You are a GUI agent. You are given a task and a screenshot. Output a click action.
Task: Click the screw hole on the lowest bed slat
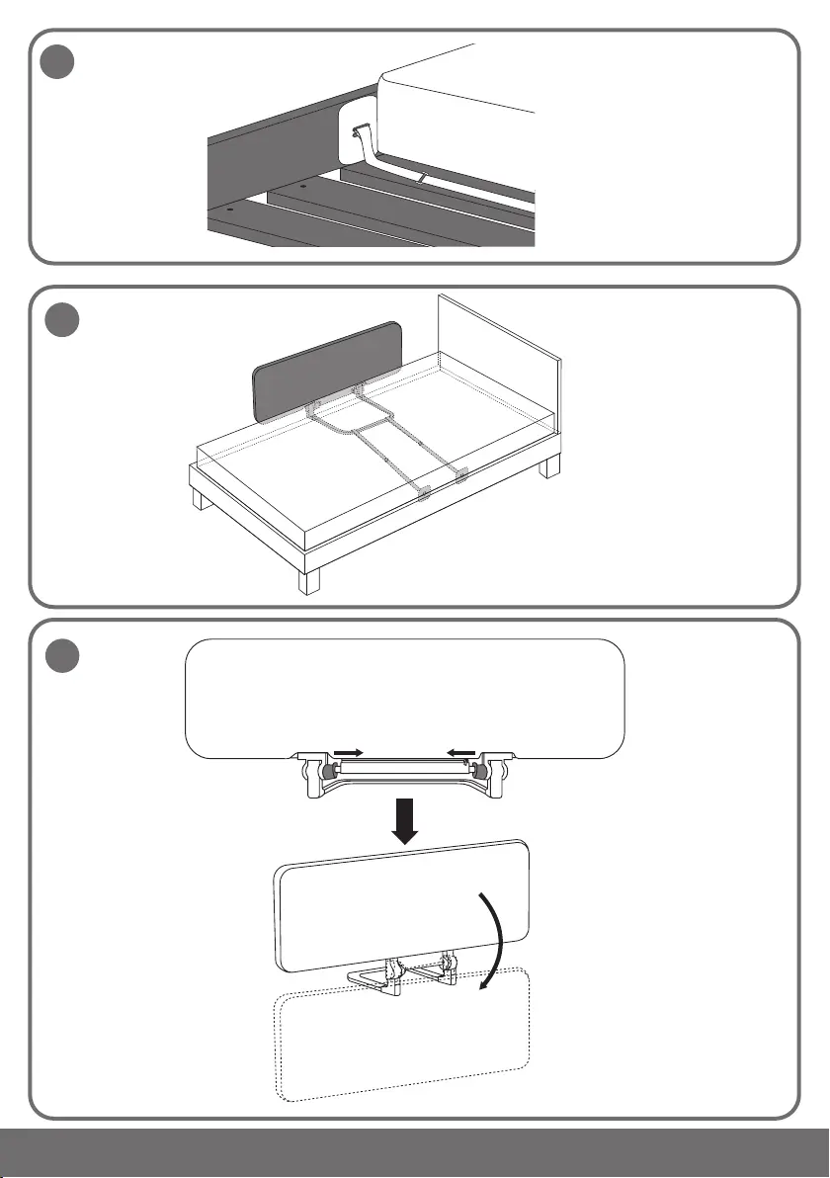click(x=229, y=210)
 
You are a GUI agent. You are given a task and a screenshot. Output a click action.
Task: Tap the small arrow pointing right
click(x=348, y=752)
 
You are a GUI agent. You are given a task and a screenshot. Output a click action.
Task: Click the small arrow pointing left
click(x=456, y=752)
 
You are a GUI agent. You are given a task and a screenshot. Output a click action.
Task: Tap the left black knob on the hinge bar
click(x=326, y=771)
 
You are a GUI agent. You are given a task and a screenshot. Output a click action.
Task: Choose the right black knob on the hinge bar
click(x=480, y=771)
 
